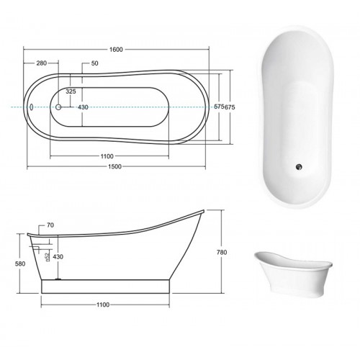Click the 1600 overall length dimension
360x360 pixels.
point(116,50)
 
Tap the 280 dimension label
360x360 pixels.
point(41,63)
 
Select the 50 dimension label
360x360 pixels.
point(95,63)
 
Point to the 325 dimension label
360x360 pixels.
point(71,91)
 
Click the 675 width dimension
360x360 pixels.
point(230,107)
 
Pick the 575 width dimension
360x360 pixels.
point(219,107)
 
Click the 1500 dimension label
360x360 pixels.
point(114,166)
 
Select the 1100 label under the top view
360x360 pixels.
point(107,156)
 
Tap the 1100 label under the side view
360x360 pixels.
point(103,305)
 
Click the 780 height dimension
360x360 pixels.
point(222,252)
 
